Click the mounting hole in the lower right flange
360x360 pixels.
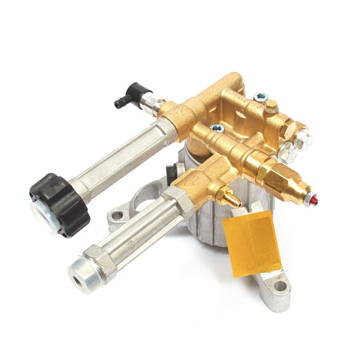coord(280,286)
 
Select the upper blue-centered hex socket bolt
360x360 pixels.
coord(261,97)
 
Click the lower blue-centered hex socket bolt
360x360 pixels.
coord(218,129)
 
